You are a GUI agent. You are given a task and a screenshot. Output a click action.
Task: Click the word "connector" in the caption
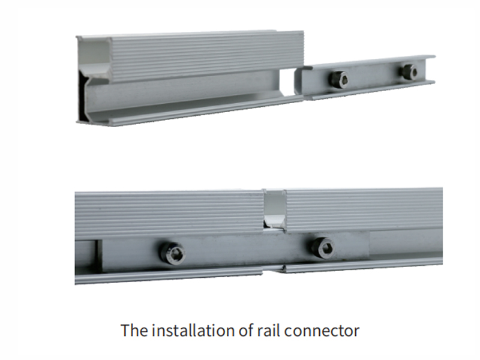point(322,331)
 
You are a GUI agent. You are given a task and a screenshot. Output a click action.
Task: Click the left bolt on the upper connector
point(338,79)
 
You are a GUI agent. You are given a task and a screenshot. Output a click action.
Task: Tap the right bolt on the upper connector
point(409,72)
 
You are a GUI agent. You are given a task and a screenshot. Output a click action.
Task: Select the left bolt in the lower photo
point(172,253)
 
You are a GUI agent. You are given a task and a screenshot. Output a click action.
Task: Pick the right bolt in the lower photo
point(322,247)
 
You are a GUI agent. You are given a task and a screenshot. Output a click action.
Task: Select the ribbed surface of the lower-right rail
point(364,209)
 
